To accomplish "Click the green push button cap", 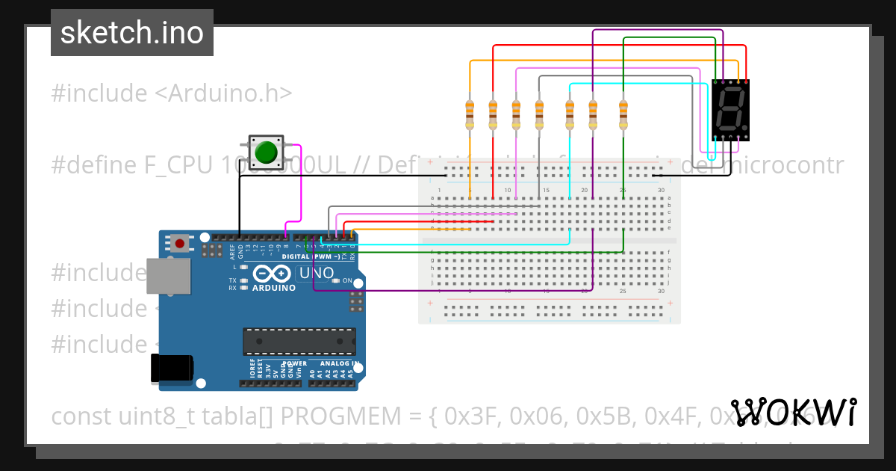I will pyautogui.click(x=266, y=153).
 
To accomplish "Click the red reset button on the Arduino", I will pyautogui.click(x=179, y=243).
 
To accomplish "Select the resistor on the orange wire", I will pyautogui.click(x=470, y=114).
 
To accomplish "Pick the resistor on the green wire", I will pyautogui.click(x=623, y=114).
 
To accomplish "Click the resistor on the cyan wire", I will pyautogui.click(x=570, y=114).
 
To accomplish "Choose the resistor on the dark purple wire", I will pyautogui.click(x=593, y=114).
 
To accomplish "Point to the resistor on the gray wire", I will pyautogui.click(x=539, y=114).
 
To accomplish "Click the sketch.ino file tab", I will pyautogui.click(x=132, y=33).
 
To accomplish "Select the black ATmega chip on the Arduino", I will pyautogui.click(x=299, y=341).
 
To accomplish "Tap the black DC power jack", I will pyautogui.click(x=172, y=369).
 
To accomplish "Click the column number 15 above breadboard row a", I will pyautogui.click(x=547, y=191).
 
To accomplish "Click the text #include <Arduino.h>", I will pyautogui.click(x=171, y=93).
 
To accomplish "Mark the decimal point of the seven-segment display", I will pyautogui.click(x=742, y=127).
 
